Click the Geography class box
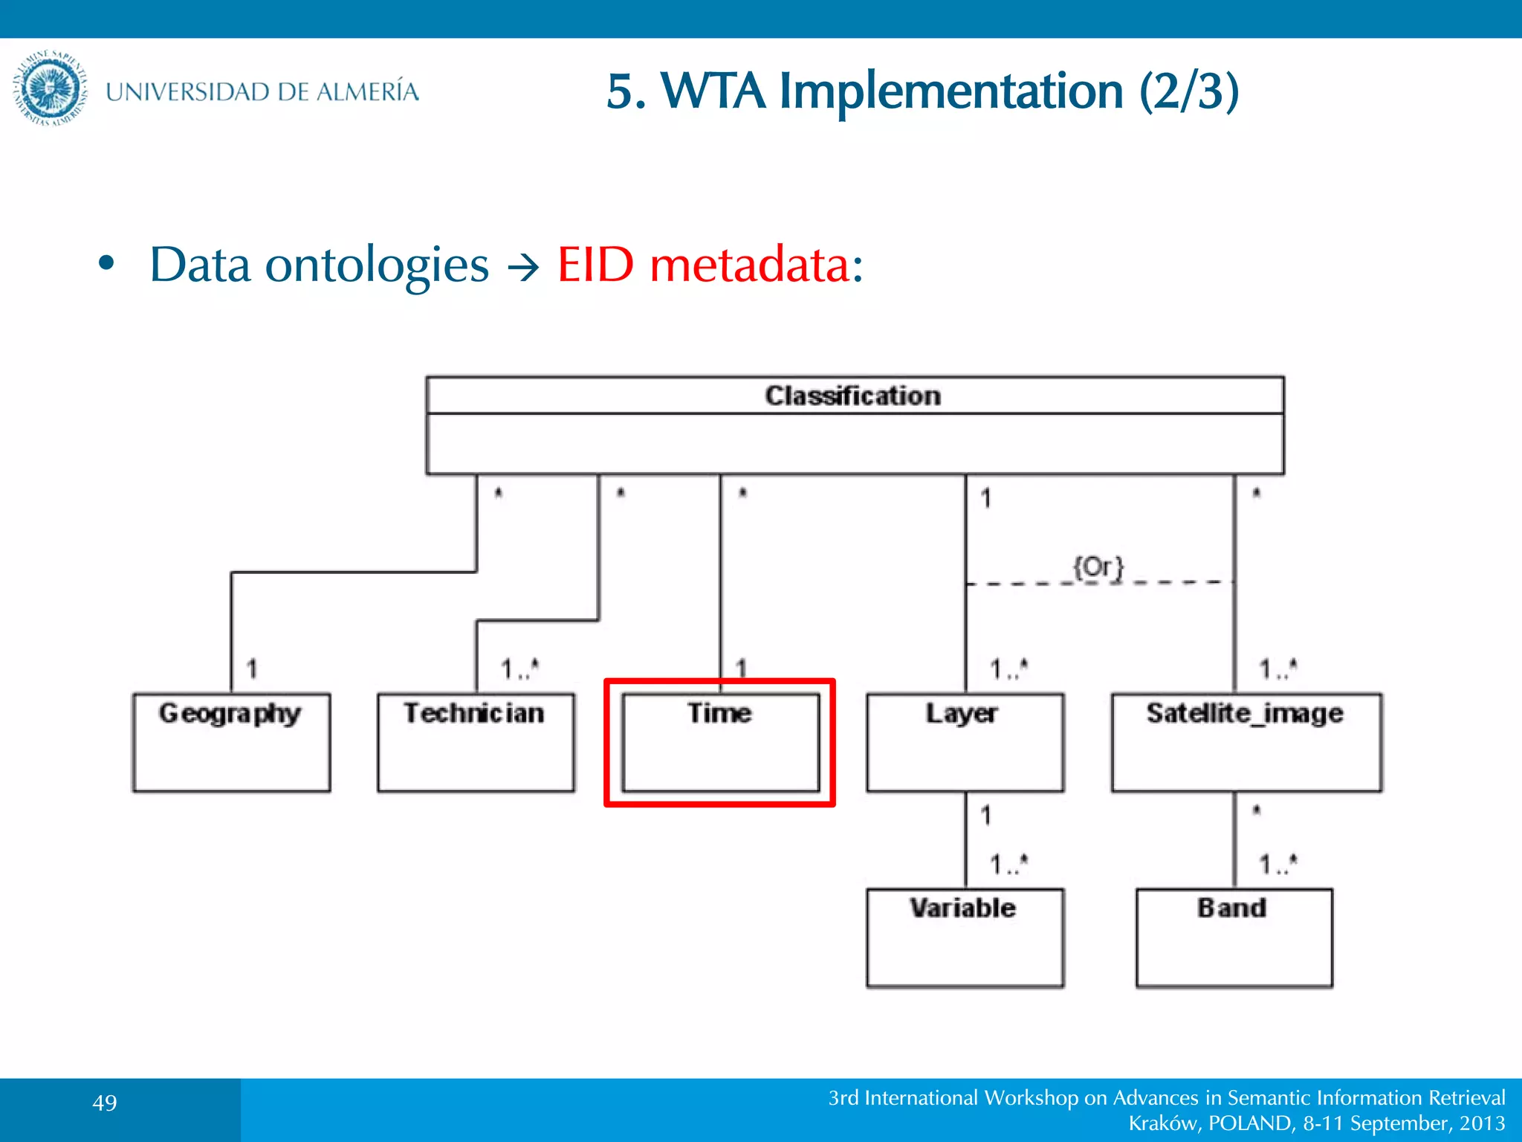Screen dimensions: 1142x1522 [x=231, y=742]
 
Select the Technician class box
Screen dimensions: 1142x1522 [x=476, y=742]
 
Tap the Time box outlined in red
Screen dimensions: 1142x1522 [x=720, y=742]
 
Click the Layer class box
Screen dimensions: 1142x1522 [x=965, y=742]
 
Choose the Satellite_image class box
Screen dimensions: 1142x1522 [x=1246, y=742]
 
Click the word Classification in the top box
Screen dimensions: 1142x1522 [x=853, y=396]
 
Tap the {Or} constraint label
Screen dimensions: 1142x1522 [x=1098, y=567]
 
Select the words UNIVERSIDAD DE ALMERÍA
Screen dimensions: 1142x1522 [x=262, y=91]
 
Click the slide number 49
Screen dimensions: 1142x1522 [x=105, y=1103]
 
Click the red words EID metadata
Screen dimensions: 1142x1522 [x=710, y=265]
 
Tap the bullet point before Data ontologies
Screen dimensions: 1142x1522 [x=107, y=263]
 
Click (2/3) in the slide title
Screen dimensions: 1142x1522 [x=1189, y=91]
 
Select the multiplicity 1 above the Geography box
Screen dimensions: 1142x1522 [x=252, y=668]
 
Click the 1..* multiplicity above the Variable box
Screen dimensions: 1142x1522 [x=1008, y=864]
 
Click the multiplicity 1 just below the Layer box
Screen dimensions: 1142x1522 [x=985, y=816]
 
